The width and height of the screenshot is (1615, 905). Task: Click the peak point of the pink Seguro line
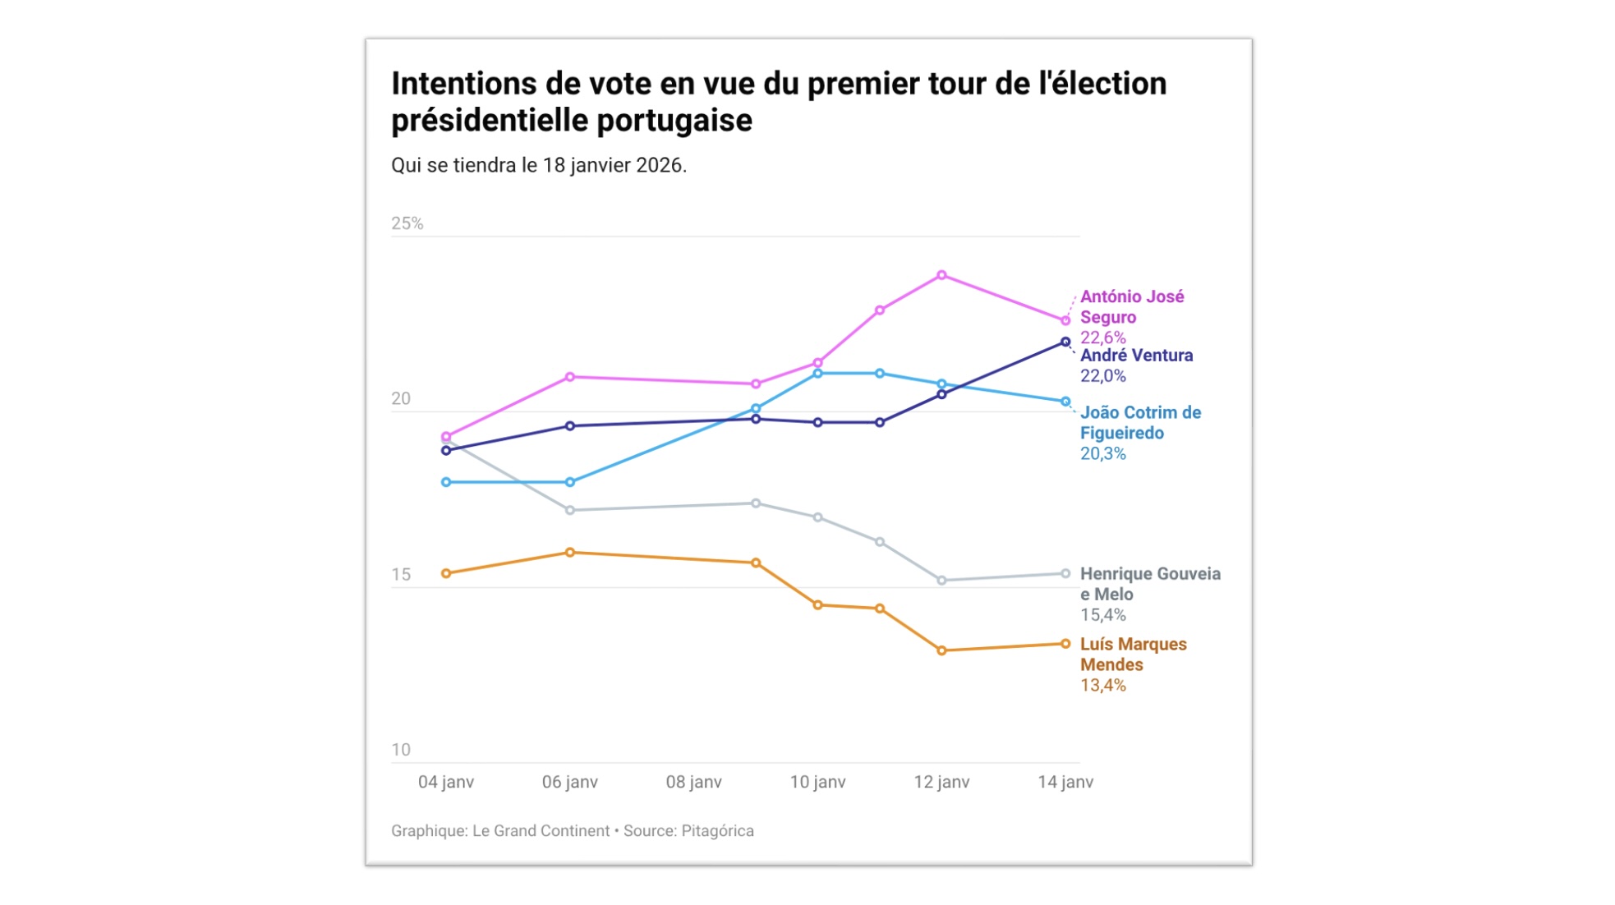[941, 275]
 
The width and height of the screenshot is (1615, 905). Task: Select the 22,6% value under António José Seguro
[1102, 338]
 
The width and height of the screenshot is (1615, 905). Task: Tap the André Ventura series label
[1136, 356]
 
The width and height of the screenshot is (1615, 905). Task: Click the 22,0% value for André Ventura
[1102, 376]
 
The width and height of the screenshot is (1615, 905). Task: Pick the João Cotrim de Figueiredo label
[1140, 422]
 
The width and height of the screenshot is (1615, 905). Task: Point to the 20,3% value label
[1102, 453]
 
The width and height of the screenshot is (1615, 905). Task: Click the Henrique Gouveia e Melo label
[1149, 583]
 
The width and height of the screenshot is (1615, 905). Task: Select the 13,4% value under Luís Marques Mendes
[1102, 685]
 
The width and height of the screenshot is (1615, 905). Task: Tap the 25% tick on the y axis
[407, 223]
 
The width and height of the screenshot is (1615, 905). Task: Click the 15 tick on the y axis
[401, 574]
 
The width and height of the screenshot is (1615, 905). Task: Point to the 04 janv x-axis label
[446, 782]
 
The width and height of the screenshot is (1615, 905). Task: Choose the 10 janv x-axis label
[817, 782]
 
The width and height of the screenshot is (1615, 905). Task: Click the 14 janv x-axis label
[1065, 782]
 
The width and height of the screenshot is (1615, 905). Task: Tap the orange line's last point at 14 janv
[1065, 644]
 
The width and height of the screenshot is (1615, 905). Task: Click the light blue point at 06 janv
[570, 482]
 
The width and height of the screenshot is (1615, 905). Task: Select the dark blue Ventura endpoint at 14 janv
[1065, 342]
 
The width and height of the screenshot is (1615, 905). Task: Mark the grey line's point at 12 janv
[941, 581]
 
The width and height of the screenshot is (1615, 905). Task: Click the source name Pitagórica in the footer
[717, 830]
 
